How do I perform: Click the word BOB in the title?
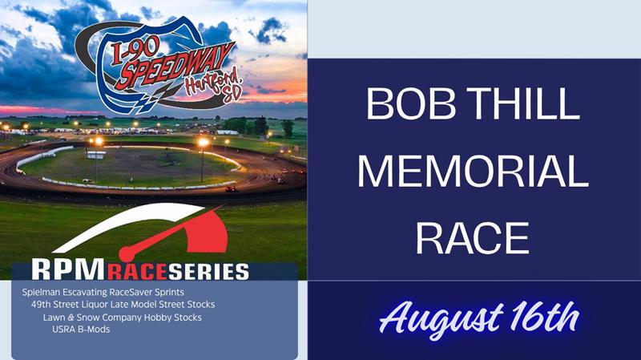tap(411, 103)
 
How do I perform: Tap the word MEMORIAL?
tap(473, 171)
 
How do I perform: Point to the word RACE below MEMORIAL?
tap(473, 238)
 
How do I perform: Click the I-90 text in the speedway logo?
tap(134, 52)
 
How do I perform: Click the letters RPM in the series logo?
tap(68, 270)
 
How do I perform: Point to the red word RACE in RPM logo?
tap(138, 272)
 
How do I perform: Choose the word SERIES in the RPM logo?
tap(209, 272)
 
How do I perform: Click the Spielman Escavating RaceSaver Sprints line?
tap(103, 293)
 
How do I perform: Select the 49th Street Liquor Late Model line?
tap(123, 305)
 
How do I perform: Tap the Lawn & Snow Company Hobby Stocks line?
tap(123, 318)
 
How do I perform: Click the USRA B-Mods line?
tap(81, 330)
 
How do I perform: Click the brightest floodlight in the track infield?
tap(204, 143)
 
